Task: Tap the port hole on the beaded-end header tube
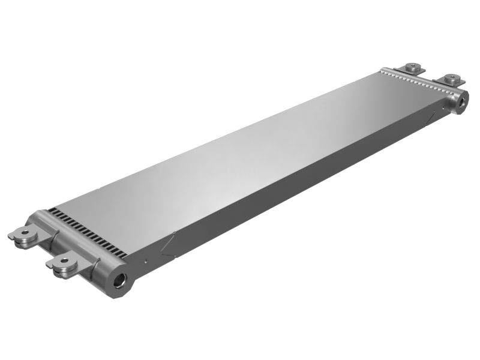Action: pyautogui.click(x=462, y=102)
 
